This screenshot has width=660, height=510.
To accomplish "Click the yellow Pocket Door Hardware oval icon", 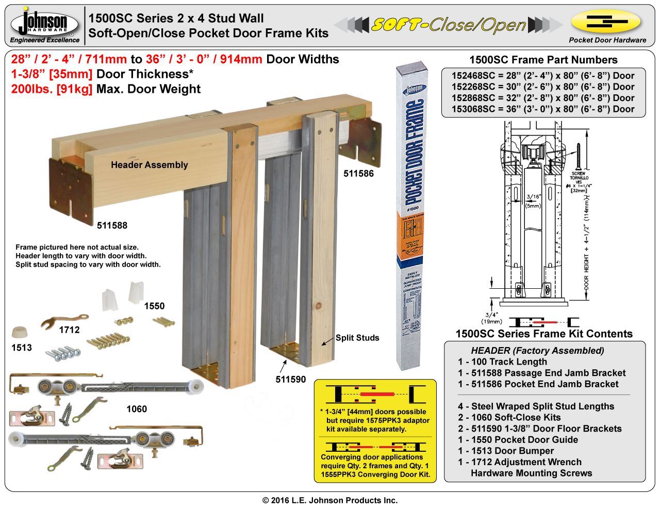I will pyautogui.click(x=606, y=22).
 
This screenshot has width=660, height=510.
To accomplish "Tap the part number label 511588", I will pyautogui.click(x=112, y=225).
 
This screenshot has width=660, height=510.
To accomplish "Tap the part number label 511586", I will pyautogui.click(x=358, y=174).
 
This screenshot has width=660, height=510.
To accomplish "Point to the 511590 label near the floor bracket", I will pyautogui.click(x=290, y=380).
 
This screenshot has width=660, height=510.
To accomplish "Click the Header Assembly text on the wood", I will pyautogui.click(x=149, y=165).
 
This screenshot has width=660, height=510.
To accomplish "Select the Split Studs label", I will pyautogui.click(x=357, y=338).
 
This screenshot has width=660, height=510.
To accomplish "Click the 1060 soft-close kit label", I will pyautogui.click(x=137, y=409).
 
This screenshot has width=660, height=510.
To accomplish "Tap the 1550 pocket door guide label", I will pyautogui.click(x=154, y=306).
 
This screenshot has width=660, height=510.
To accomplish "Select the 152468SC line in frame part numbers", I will pyautogui.click(x=543, y=75).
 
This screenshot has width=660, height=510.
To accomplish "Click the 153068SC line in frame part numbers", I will pyautogui.click(x=543, y=109).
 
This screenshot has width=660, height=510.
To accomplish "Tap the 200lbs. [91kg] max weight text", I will pyautogui.click(x=52, y=89).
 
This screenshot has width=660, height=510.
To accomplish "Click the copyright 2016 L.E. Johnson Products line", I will pyautogui.click(x=330, y=500).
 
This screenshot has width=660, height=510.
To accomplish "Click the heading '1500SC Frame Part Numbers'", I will pyautogui.click(x=543, y=60).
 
